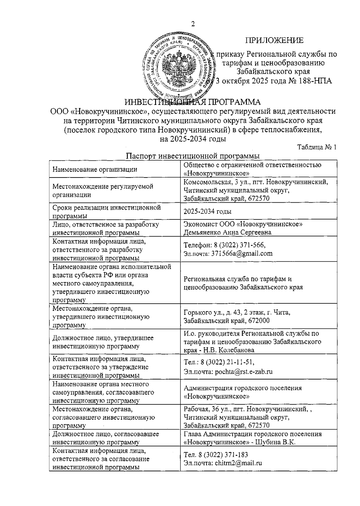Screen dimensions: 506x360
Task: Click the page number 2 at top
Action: pyautogui.click(x=193, y=25)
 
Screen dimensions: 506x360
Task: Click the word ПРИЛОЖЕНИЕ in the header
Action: pyautogui.click(x=274, y=40)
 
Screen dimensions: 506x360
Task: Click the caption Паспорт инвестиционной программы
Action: pyautogui.click(x=193, y=156)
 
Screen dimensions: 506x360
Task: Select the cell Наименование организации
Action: pyautogui.click(x=95, y=169)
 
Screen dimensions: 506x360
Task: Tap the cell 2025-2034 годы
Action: pyautogui.click(x=208, y=211)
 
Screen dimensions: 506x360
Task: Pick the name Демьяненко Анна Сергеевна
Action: pyautogui.click(x=228, y=232)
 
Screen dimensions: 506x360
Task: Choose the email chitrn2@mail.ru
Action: pyautogui.click(x=238, y=463)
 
